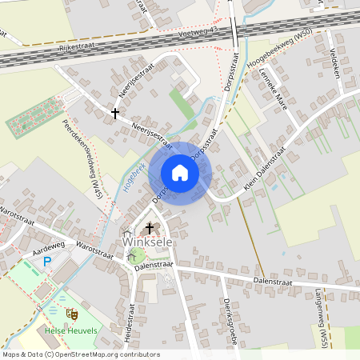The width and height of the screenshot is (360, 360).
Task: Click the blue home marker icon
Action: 180,172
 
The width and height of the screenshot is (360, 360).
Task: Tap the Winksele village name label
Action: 146,242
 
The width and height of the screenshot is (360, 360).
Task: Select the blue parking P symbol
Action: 47,261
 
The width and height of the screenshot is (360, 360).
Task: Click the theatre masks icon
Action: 73,314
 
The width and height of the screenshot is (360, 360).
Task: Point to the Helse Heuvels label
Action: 71,331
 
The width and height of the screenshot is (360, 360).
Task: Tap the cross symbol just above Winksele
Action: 150,228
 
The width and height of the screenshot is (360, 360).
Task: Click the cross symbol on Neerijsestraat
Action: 115,114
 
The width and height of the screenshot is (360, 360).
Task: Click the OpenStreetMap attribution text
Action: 81,354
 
